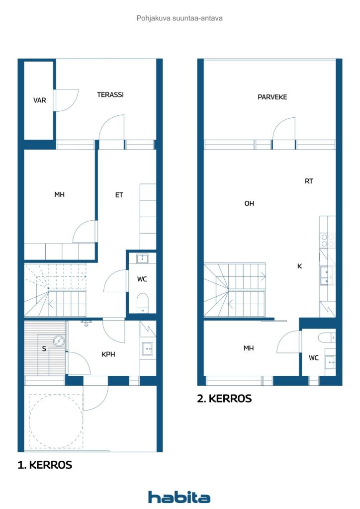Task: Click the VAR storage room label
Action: (x=40, y=100)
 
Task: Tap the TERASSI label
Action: (x=110, y=94)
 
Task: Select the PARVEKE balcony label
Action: (x=272, y=97)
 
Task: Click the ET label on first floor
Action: (x=119, y=195)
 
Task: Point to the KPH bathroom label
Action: (x=109, y=355)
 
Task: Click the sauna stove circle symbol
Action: (x=59, y=341)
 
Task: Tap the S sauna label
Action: (x=44, y=348)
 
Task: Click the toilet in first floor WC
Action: (x=143, y=301)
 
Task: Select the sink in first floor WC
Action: (x=143, y=258)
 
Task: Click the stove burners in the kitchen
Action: (x=327, y=241)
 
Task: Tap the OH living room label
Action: (x=249, y=203)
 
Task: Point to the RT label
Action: (x=309, y=181)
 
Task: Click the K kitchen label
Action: (x=299, y=266)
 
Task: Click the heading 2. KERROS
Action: (x=224, y=399)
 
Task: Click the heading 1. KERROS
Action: (x=45, y=465)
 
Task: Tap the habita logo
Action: (x=179, y=497)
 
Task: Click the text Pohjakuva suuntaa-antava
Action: (x=180, y=18)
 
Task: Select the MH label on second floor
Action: (x=249, y=348)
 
